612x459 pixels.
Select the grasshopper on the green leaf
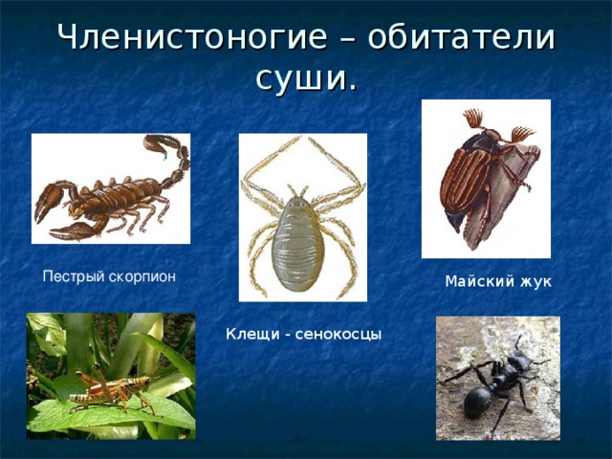tap(110, 387)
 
